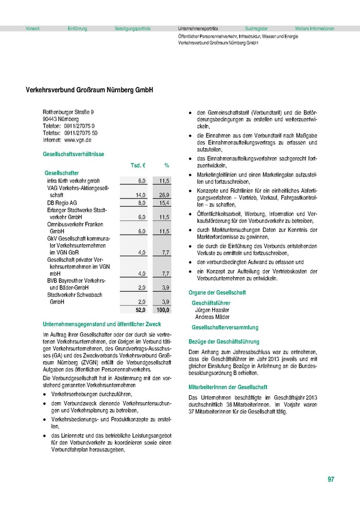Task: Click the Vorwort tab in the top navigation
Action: point(33,28)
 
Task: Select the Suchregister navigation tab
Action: point(256,28)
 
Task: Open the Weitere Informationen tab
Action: point(315,28)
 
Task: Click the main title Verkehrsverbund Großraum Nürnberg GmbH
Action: point(89,89)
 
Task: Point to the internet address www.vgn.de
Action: point(79,139)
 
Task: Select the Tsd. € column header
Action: point(139,165)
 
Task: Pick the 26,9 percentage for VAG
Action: point(164,195)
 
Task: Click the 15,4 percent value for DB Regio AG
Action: point(164,202)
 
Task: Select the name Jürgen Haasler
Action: point(212,310)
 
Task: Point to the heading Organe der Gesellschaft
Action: point(217,292)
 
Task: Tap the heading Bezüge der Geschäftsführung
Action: point(224,342)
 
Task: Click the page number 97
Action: point(331,480)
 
